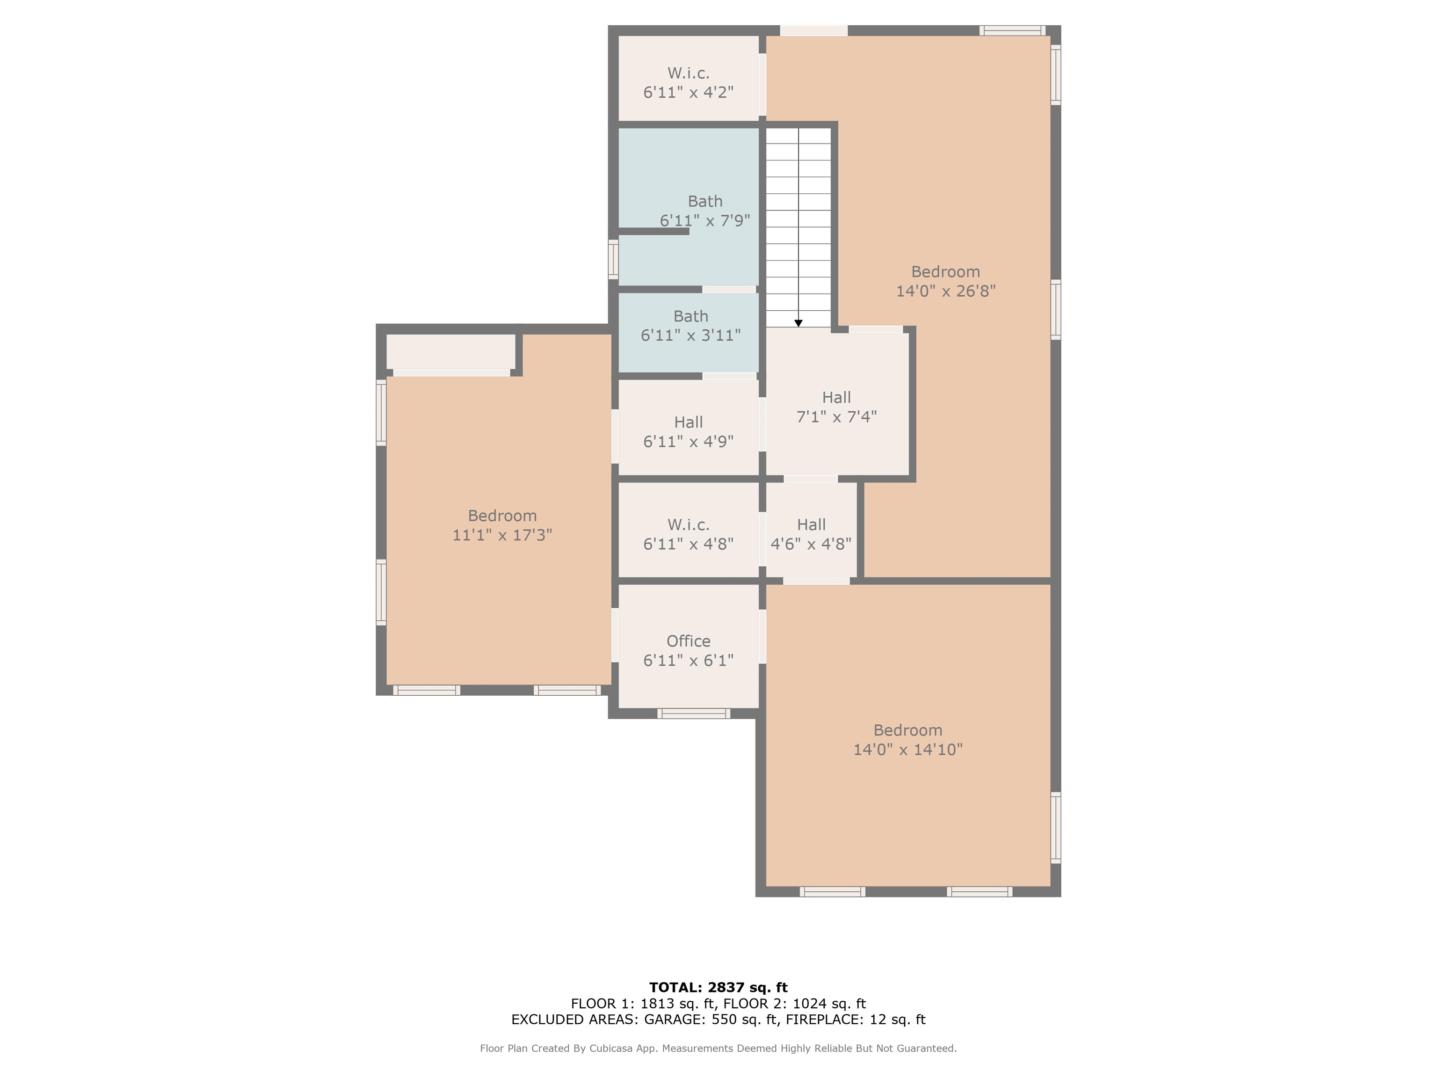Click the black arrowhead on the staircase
pyautogui.click(x=798, y=323)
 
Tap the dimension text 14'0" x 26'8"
pyautogui.click(x=945, y=291)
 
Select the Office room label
pyautogui.click(x=688, y=641)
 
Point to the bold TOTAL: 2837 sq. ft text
pyautogui.click(x=718, y=988)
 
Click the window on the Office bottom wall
pyautogui.click(x=693, y=714)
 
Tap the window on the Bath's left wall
pyautogui.click(x=613, y=259)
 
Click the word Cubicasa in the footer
pyautogui.click(x=613, y=1048)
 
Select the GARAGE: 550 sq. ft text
pyautogui.click(x=711, y=1019)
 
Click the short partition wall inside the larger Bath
pyautogui.click(x=653, y=231)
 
